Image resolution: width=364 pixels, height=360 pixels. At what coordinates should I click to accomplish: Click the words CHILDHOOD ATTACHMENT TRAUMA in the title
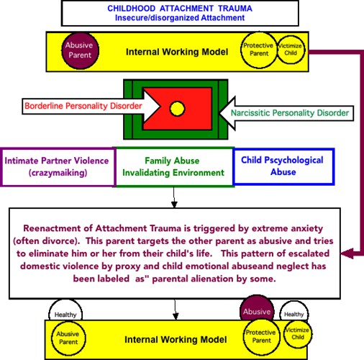pyautogui.click(x=180, y=9)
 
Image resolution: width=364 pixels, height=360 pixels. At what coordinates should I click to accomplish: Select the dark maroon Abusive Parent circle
pyautogui.click(x=80, y=50)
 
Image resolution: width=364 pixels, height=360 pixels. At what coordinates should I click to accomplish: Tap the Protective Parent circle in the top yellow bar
pyautogui.click(x=259, y=50)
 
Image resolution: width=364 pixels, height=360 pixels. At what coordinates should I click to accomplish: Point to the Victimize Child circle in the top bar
pyautogui.click(x=291, y=50)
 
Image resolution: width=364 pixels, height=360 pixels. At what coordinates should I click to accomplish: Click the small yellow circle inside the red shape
pyautogui.click(x=177, y=109)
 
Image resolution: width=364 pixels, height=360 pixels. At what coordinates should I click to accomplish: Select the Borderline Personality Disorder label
pyautogui.click(x=83, y=106)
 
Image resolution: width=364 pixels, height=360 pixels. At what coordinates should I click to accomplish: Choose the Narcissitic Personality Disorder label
pyautogui.click(x=290, y=113)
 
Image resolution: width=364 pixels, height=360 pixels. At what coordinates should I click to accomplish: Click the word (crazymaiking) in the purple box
pyautogui.click(x=58, y=173)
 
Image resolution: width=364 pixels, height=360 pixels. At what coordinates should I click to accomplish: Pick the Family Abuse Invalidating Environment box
pyautogui.click(x=173, y=167)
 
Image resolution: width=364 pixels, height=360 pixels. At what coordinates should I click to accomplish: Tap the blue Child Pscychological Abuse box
pyautogui.click(x=283, y=166)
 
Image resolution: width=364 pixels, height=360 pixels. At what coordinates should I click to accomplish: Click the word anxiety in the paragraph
pyautogui.click(x=306, y=229)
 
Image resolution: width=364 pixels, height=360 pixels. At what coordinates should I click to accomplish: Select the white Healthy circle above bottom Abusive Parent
pyautogui.click(x=65, y=310)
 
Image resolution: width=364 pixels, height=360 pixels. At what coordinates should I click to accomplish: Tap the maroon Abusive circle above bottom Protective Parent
pyautogui.click(x=257, y=308)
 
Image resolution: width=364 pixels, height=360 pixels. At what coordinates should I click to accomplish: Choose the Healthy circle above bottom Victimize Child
pyautogui.click(x=294, y=310)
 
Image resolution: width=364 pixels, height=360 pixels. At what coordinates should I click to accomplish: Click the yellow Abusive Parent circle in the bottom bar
pyautogui.click(x=68, y=338)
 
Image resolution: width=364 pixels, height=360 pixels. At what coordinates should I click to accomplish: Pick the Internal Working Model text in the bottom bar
pyautogui.click(x=176, y=340)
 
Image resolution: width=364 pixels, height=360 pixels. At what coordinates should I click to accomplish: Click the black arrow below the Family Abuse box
pyautogui.click(x=174, y=197)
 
